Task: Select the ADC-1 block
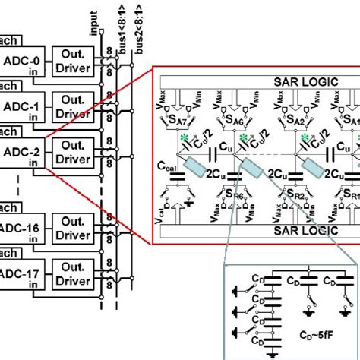pos(23,109)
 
